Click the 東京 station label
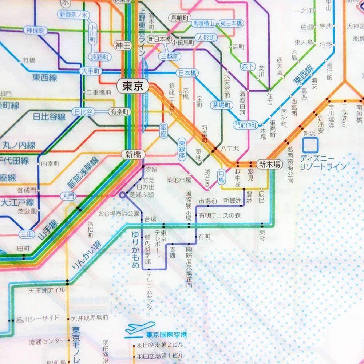pyautogui.click(x=133, y=86)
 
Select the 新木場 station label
pyautogui.click(x=270, y=165)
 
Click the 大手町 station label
pyautogui.click(x=90, y=71)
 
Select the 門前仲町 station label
pyautogui.click(x=246, y=125)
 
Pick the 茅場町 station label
pyautogui.click(x=221, y=106)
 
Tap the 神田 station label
pyautogui.click(x=123, y=45)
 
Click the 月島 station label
pyautogui.click(x=221, y=176)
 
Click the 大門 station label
pyautogui.click(x=69, y=197)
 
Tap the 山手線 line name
pyautogui.click(x=48, y=229)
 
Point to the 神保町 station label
pyautogui.click(x=35, y=31)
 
